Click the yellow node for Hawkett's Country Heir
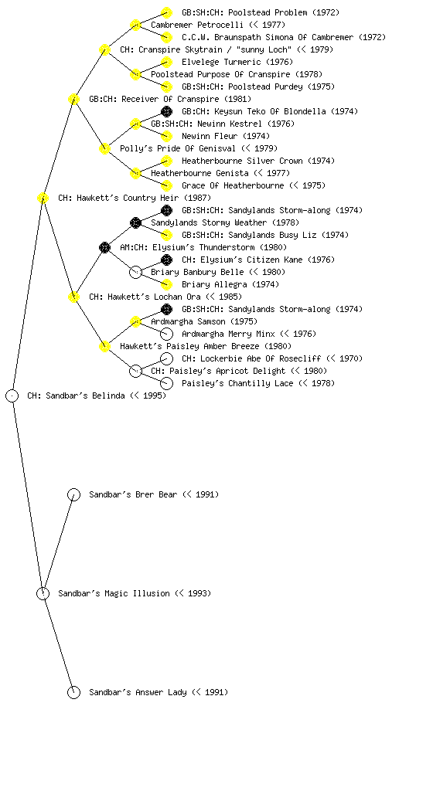pyautogui.click(x=43, y=199)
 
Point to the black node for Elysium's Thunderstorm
pyautogui.click(x=104, y=248)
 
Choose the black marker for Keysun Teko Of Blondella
pyautogui.click(x=166, y=111)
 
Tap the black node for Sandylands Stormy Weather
pyautogui.click(x=135, y=223)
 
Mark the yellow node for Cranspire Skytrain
pyautogui.click(x=104, y=50)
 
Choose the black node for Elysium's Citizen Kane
pyautogui.click(x=166, y=260)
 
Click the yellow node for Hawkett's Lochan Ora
pyautogui.click(x=73, y=297)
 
